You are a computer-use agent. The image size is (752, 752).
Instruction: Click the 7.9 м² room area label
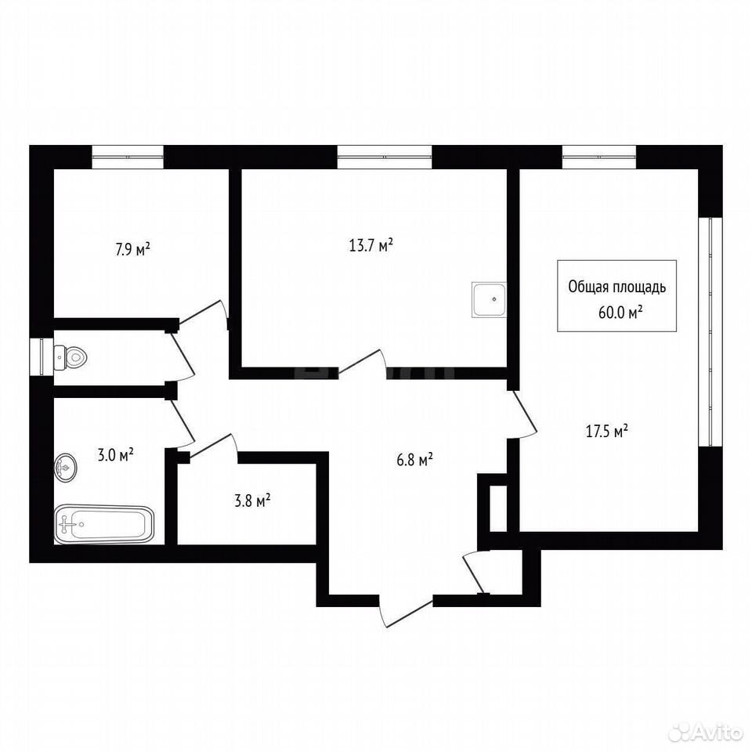pos(133,249)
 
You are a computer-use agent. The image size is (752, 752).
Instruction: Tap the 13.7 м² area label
pos(371,245)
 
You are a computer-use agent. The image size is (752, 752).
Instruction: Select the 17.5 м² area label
pos(607,431)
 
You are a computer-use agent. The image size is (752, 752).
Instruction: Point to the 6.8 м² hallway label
pos(415,461)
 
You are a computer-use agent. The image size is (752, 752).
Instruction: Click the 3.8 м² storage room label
pos(252,501)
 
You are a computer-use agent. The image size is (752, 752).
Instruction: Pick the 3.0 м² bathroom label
pos(116,454)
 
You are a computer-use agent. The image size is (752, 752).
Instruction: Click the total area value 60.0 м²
pos(620,313)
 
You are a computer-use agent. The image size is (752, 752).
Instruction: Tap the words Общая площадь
pos(616,287)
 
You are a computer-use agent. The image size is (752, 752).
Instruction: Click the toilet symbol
pos(70,357)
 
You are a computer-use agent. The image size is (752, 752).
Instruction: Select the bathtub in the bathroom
pos(103,524)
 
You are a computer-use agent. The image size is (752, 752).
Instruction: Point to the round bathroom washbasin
pos(65,467)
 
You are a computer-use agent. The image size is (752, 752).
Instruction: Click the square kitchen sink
pos(489,300)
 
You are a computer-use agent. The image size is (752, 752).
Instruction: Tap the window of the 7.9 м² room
pos(128,157)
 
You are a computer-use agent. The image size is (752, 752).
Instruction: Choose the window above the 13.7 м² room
pos(385,157)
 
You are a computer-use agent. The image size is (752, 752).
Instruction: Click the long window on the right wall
pos(710,332)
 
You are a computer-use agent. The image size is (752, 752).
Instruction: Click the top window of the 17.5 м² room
pos(599,157)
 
